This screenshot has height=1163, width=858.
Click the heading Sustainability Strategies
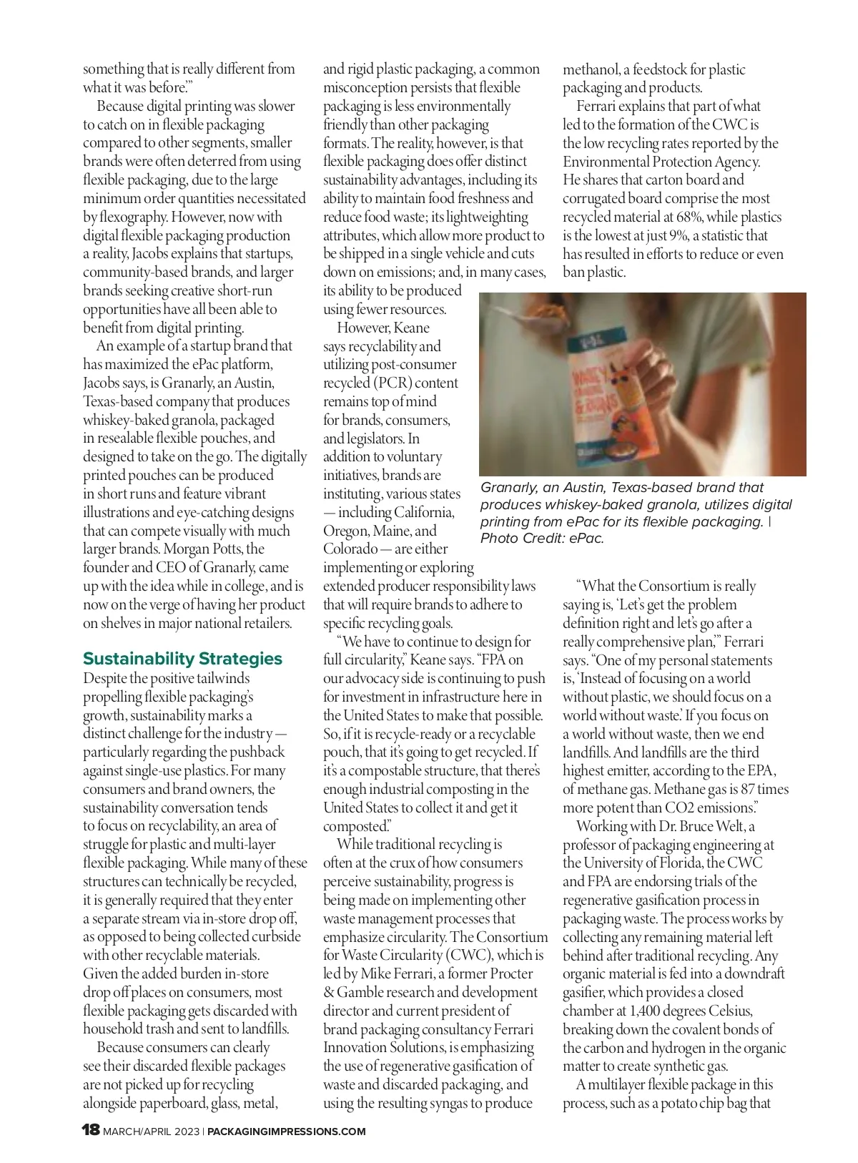pyautogui.click(x=182, y=659)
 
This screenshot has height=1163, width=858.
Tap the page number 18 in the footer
pyautogui.click(x=91, y=1131)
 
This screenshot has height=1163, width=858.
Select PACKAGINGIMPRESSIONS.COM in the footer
pyautogui.click(x=286, y=1132)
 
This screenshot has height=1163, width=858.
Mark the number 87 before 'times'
pyautogui.click(x=753, y=789)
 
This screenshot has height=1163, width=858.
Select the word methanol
pyautogui.click(x=591, y=69)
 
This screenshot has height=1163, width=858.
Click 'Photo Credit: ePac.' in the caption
pyautogui.click(x=542, y=539)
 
